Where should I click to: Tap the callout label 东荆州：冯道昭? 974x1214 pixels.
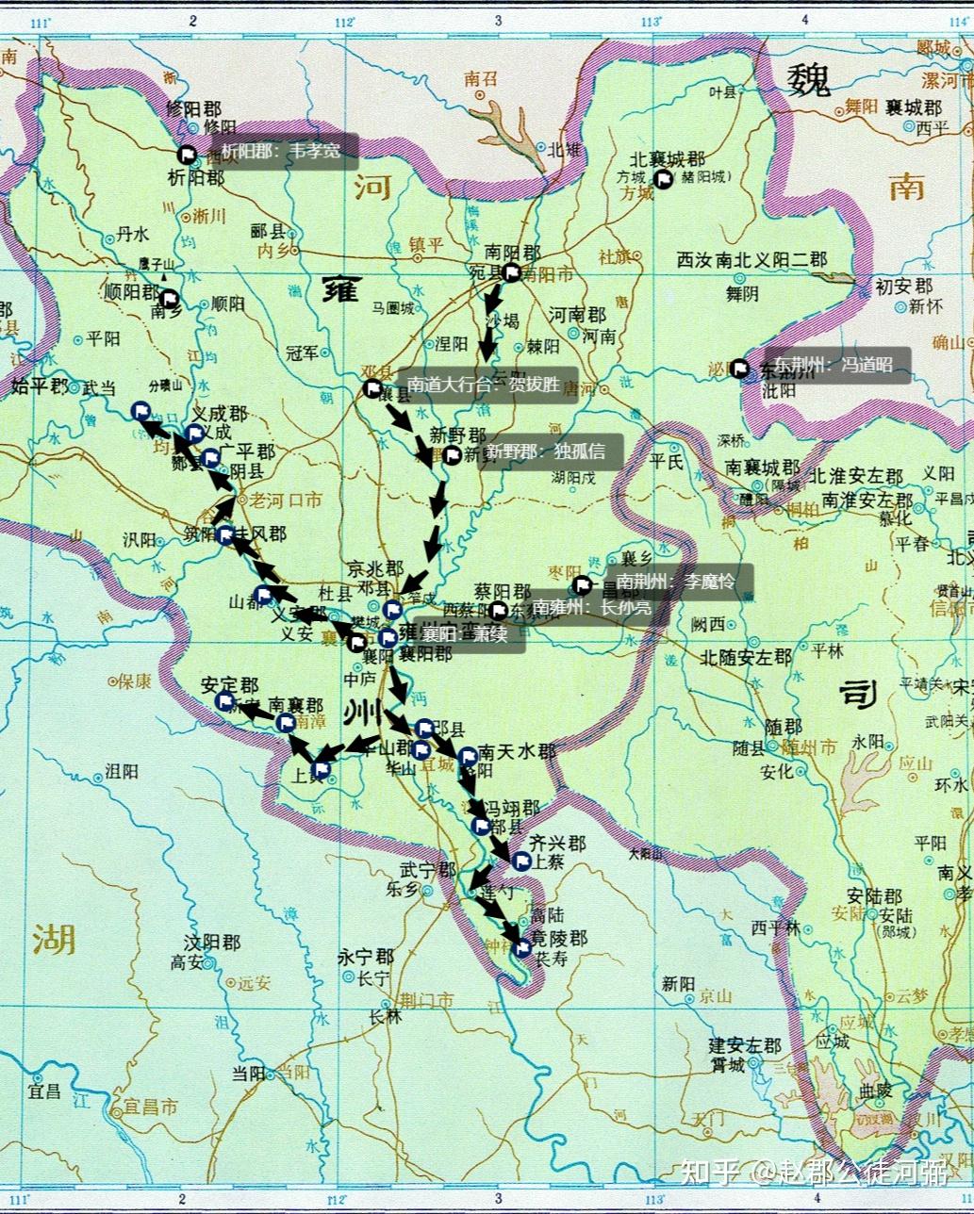point(834,365)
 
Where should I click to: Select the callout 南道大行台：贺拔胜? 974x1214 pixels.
point(487,385)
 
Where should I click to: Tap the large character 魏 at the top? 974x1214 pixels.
point(809,79)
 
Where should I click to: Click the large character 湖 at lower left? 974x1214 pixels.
point(54,938)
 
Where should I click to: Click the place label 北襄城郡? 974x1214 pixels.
point(668,160)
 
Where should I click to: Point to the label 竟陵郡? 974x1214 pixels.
point(559,940)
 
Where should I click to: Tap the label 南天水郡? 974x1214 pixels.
point(517,752)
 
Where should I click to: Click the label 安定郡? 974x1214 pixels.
point(229,685)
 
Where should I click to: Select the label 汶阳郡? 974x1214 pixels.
point(212,943)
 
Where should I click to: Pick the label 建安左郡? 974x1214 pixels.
point(745,1046)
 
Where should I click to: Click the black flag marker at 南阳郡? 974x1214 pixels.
point(512,273)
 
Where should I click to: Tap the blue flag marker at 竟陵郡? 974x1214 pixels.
point(521,948)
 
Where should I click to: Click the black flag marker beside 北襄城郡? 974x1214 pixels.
point(664,179)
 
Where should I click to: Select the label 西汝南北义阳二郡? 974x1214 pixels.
point(751,260)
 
